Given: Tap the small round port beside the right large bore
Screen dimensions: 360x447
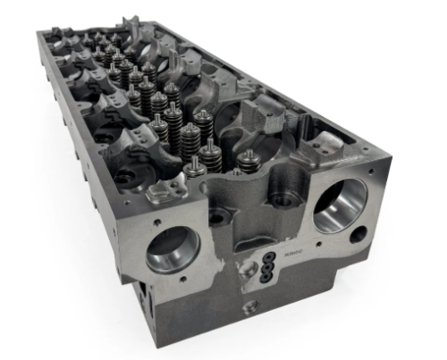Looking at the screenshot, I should [359, 236].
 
